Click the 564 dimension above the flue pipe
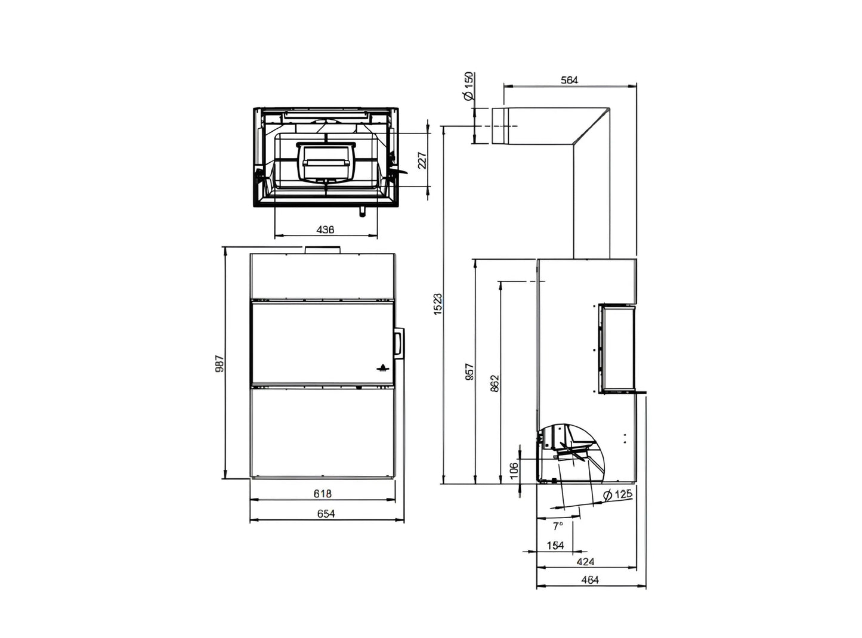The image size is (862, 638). pyautogui.click(x=570, y=80)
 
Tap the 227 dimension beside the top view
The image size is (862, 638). pyautogui.click(x=422, y=160)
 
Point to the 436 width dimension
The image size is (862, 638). pyautogui.click(x=325, y=230)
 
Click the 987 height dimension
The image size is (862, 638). pyautogui.click(x=219, y=364)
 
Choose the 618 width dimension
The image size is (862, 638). pyautogui.click(x=322, y=494)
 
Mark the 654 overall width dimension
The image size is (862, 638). pyautogui.click(x=326, y=513)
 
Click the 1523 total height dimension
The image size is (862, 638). pyautogui.click(x=437, y=303)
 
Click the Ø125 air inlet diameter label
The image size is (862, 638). pyautogui.click(x=617, y=494)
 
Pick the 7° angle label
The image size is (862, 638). pyautogui.click(x=558, y=526)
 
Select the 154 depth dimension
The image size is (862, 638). pyautogui.click(x=555, y=545)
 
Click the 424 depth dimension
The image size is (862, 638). pyautogui.click(x=586, y=562)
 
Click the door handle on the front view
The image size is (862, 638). pyautogui.click(x=398, y=343)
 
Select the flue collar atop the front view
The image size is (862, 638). pyautogui.click(x=322, y=249)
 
